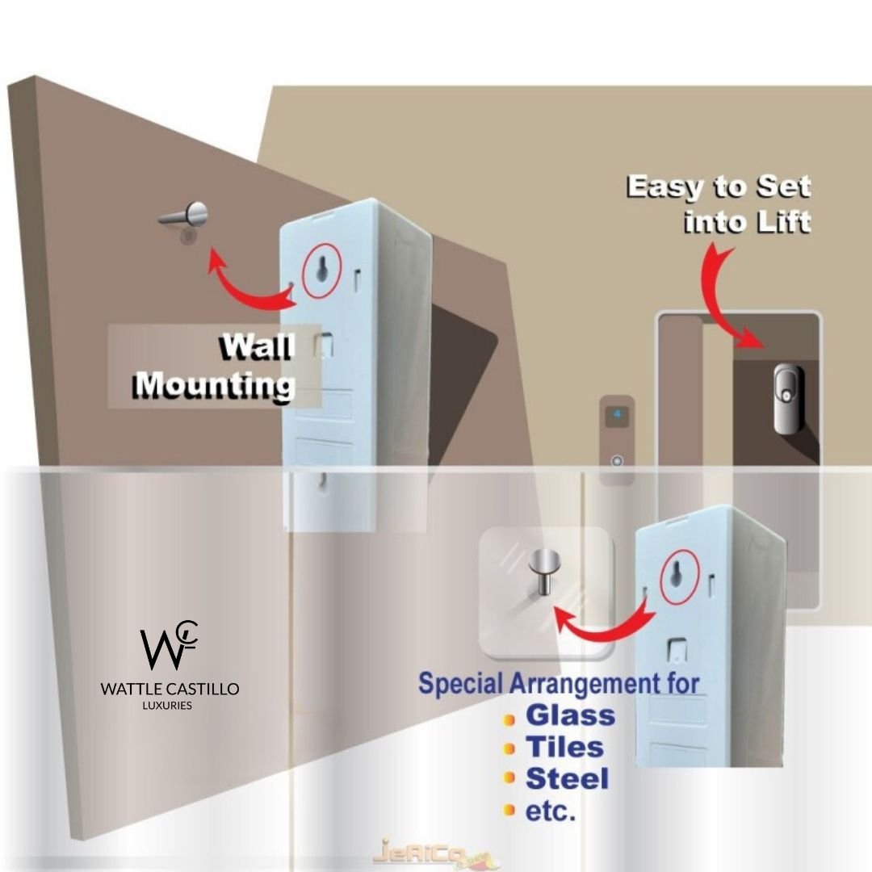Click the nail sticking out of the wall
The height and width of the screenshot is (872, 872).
pyautogui.click(x=185, y=215)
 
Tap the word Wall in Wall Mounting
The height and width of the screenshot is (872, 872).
pyautogui.click(x=258, y=347)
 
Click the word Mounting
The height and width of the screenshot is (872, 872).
pyautogui.click(x=214, y=386)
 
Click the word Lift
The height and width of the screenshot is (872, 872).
pyautogui.click(x=779, y=220)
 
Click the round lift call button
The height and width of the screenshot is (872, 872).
pyautogui.click(x=618, y=461)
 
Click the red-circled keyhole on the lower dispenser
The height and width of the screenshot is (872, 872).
pyautogui.click(x=677, y=575)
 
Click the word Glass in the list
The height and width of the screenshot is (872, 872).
pyautogui.click(x=570, y=715)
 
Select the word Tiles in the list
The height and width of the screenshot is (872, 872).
pyautogui.click(x=565, y=748)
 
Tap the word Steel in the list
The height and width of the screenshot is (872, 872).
pyautogui.click(x=567, y=780)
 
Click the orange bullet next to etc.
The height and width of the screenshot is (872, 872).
pyautogui.click(x=509, y=810)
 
